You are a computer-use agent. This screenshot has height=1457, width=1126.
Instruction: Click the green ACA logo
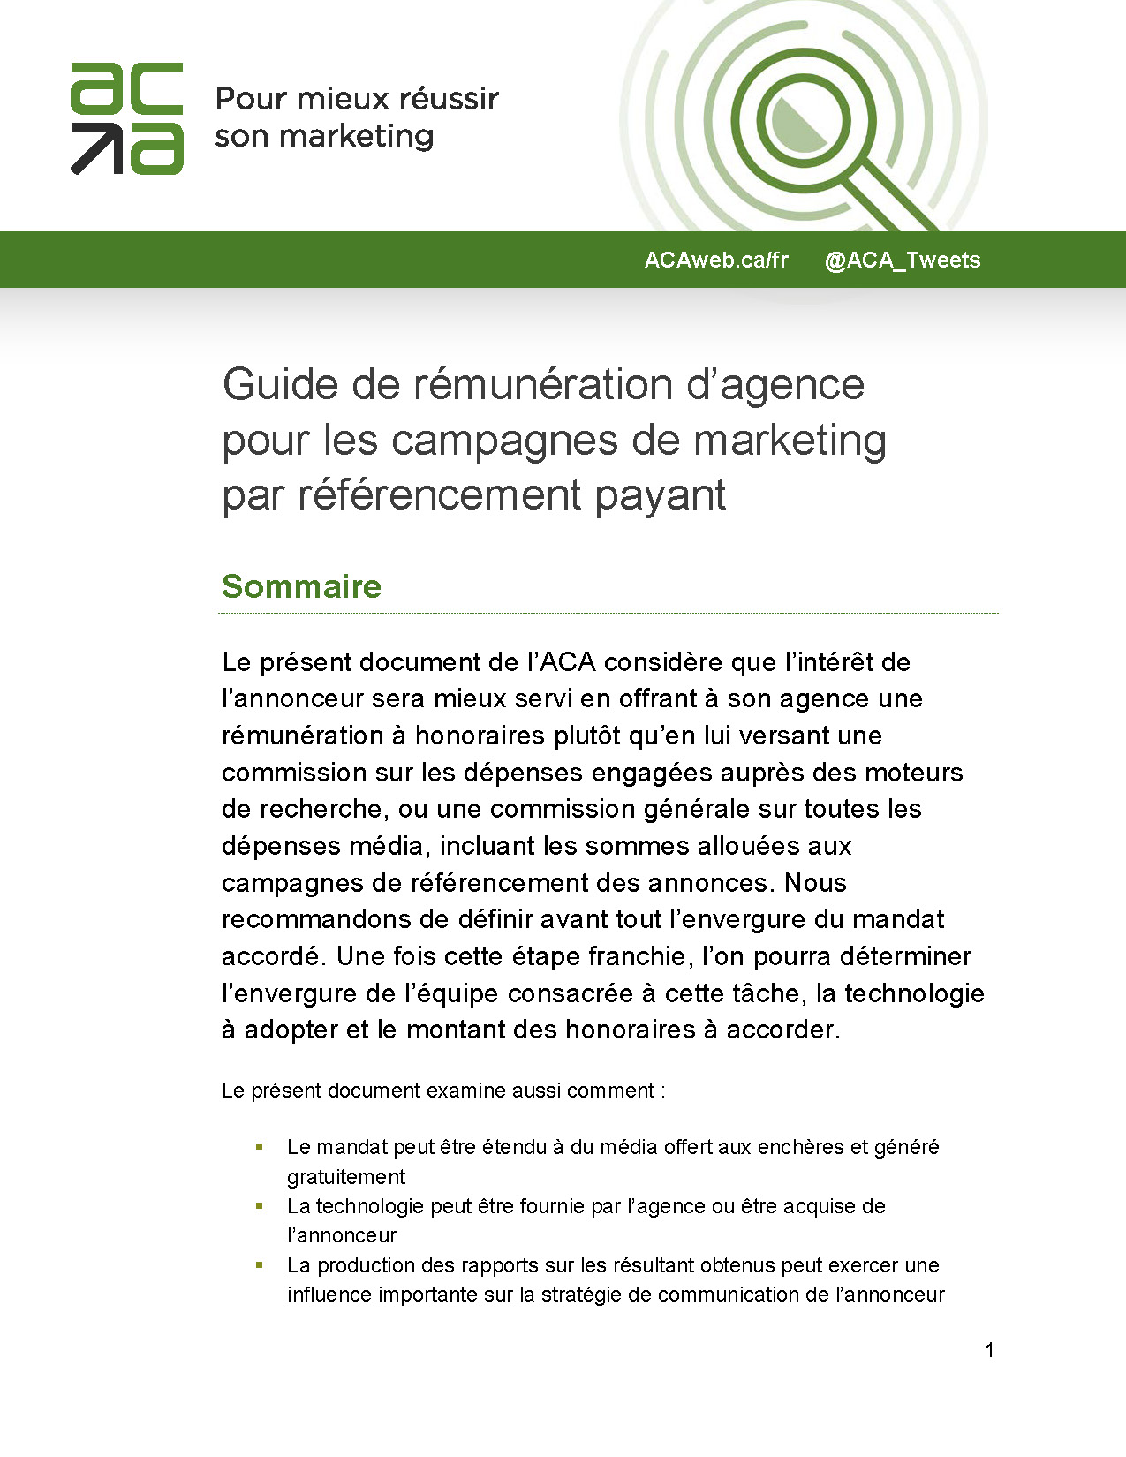click(x=126, y=117)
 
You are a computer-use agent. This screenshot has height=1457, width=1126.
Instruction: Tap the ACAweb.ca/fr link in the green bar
click(x=715, y=260)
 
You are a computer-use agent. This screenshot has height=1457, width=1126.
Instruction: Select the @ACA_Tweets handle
click(x=902, y=260)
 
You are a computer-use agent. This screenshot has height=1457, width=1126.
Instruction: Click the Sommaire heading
click(x=301, y=586)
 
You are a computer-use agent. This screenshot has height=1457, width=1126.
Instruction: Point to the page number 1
click(x=990, y=1349)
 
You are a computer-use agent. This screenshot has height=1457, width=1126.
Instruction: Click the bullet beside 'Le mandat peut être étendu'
click(x=260, y=1147)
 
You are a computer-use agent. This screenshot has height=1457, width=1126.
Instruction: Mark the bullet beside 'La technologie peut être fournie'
click(x=260, y=1205)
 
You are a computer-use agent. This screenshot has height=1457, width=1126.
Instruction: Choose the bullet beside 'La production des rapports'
click(x=260, y=1264)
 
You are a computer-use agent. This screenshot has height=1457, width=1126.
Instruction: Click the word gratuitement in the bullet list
click(x=346, y=1177)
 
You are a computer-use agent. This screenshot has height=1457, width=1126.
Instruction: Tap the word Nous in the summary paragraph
click(x=815, y=882)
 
